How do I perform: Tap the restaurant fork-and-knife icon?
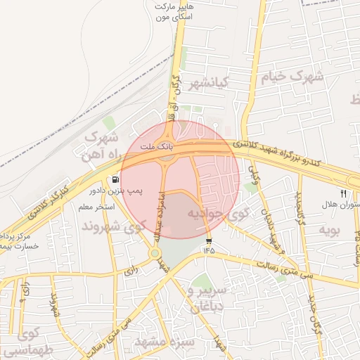pyautogui.click(x=344, y=192)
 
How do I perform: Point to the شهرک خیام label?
pyautogui.click(x=291, y=75)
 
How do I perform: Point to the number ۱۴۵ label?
pyautogui.click(x=209, y=250)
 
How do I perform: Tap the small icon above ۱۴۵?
pyautogui.click(x=209, y=241)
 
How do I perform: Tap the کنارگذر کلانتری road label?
pyautogui.click(x=53, y=198)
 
